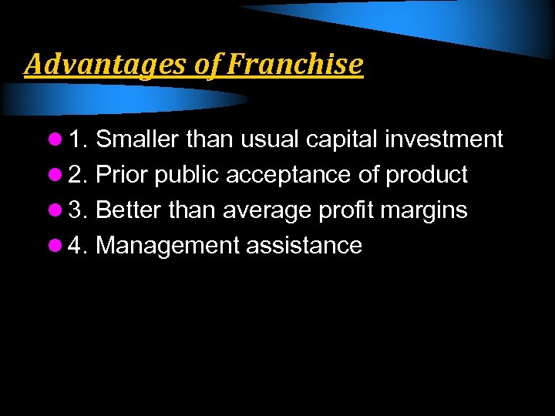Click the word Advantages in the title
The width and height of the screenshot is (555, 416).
point(104,64)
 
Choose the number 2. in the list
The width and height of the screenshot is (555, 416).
point(77,175)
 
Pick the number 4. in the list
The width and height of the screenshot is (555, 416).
point(77,246)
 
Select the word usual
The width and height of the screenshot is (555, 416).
point(271,139)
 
